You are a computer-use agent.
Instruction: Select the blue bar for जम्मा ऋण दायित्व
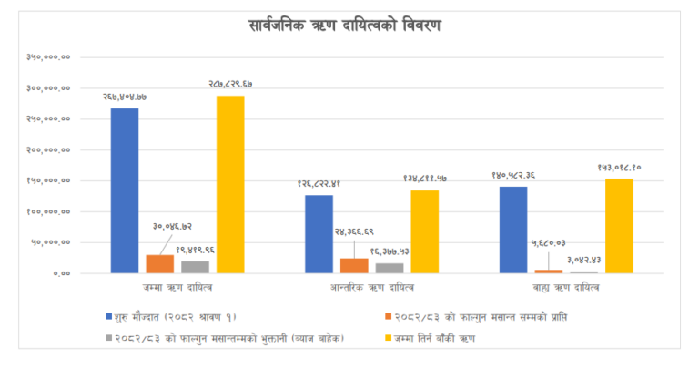[125, 190]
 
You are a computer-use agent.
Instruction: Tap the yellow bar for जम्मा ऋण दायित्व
[230, 184]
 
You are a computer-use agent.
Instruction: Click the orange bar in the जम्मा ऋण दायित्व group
[160, 263]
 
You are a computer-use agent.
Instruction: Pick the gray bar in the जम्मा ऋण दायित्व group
[195, 267]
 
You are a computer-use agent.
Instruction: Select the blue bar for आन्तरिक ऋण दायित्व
[319, 233]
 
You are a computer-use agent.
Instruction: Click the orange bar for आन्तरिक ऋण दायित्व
[354, 265]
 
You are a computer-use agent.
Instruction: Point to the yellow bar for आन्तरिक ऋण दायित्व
[424, 231]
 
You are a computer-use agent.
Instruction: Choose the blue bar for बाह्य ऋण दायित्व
[513, 230]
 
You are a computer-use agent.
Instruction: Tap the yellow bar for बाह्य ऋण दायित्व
[619, 226]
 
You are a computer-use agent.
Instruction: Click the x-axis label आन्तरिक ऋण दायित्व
[371, 288]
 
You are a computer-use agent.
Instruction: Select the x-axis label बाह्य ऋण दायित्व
[566, 288]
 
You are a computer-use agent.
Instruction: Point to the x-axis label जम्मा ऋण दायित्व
[177, 288]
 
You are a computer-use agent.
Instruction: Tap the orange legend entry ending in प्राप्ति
[482, 316]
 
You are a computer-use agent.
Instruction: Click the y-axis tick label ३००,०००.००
[50, 88]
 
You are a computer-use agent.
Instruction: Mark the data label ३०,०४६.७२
[172, 225]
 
